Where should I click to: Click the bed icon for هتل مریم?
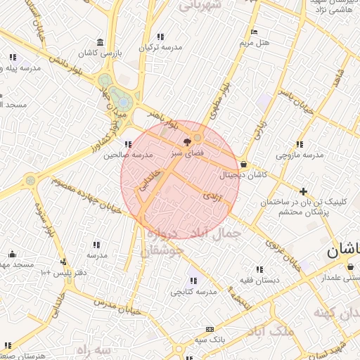[x=254, y=32]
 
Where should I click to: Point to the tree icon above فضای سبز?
[x=186, y=142]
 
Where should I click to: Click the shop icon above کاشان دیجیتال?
[x=243, y=163]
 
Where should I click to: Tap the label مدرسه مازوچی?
[x=300, y=154]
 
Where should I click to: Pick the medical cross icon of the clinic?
[x=303, y=191]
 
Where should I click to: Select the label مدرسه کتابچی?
[x=188, y=291]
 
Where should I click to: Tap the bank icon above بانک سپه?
[x=210, y=329]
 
